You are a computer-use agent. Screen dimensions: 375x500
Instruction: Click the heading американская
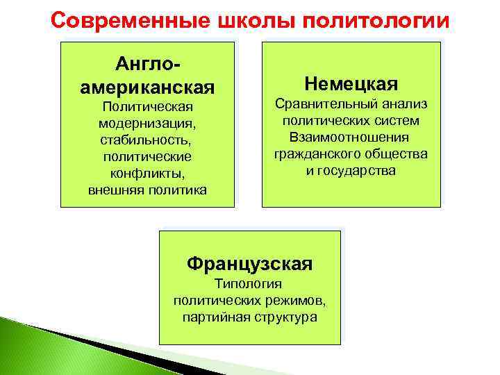tap(147, 88)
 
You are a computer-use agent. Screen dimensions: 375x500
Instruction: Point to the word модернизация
tap(147, 122)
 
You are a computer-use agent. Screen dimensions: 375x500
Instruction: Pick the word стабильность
tap(147, 139)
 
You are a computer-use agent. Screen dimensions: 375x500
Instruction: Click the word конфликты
tap(147, 172)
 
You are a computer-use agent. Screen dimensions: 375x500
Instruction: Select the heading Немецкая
tap(351, 84)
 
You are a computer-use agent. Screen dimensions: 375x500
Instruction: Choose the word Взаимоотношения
tap(351, 137)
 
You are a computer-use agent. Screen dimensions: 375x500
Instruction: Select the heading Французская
tap(249, 264)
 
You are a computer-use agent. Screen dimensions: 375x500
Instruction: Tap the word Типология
tap(249, 285)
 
